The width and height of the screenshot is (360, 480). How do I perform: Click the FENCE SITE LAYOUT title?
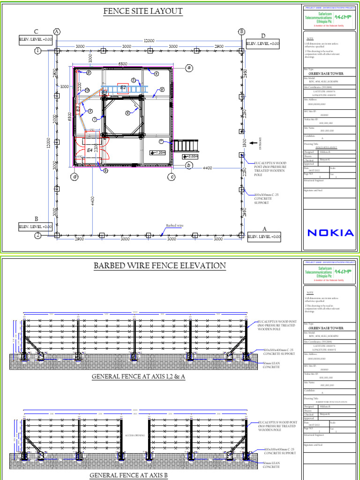coord(143,11)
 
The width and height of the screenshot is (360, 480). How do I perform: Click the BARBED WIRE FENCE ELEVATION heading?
coord(160,266)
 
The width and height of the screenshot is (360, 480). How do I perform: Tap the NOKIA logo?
coord(330,232)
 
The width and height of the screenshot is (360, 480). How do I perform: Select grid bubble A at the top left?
coord(57,31)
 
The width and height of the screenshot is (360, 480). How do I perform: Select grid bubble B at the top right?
coord(242,31)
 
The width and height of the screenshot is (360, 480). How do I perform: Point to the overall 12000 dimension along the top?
coord(149,41)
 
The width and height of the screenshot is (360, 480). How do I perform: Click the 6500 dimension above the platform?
coord(123,63)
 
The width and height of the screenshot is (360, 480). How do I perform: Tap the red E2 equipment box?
coord(123,88)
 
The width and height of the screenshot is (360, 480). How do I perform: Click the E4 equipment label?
coord(90,150)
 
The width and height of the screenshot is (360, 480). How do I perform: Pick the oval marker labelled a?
coord(189,68)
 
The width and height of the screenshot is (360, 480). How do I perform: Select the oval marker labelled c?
coord(172,177)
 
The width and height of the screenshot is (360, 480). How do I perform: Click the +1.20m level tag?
coord(158,153)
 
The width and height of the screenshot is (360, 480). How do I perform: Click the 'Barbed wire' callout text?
coord(174,225)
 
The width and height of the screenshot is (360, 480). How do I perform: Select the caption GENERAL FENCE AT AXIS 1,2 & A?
coord(138,377)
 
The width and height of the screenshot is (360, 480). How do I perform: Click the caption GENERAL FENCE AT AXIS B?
coord(128,475)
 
